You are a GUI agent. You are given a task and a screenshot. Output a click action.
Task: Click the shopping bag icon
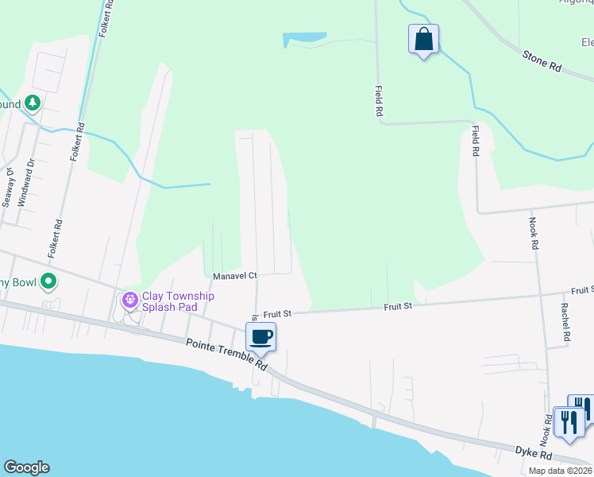[x=423, y=39]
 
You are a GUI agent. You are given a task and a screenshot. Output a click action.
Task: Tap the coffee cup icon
[x=260, y=337]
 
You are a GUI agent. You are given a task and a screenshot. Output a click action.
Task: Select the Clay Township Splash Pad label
[x=178, y=301]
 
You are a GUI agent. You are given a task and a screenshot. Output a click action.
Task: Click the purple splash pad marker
[x=129, y=301]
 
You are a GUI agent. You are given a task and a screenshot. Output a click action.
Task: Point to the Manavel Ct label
[x=235, y=276]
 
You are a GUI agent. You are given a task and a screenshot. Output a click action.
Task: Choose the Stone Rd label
[x=542, y=61]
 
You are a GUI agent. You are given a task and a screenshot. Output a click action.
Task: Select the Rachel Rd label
[x=565, y=322]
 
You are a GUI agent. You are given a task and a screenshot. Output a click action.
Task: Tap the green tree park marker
[x=32, y=103]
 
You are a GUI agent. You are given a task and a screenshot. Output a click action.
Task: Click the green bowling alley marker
[x=48, y=281]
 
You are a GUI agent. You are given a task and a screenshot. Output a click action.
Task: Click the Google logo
[x=26, y=467]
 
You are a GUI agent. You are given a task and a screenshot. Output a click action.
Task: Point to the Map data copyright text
[x=559, y=471]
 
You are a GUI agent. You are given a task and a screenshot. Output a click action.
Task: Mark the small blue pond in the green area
[x=304, y=37]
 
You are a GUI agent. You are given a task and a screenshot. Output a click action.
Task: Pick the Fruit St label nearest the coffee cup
[x=278, y=314]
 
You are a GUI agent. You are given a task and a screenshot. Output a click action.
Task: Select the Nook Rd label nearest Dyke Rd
[x=546, y=429]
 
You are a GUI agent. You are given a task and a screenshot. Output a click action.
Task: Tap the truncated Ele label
[x=586, y=42]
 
